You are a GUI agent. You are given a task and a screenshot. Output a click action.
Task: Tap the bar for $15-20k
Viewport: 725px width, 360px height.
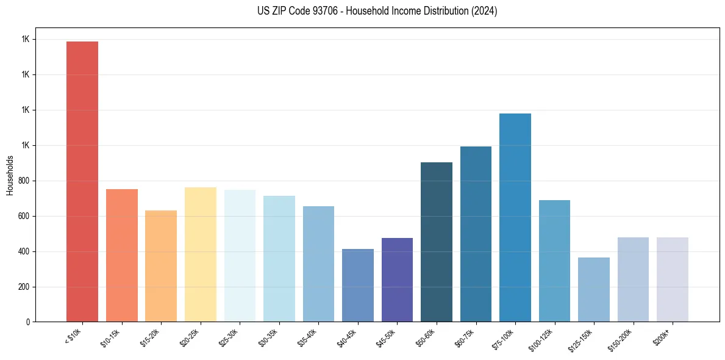coord(161,266)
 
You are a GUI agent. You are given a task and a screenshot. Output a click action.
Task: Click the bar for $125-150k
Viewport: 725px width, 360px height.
coord(594,289)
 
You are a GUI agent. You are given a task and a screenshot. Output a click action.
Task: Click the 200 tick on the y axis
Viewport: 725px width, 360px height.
coord(24,287)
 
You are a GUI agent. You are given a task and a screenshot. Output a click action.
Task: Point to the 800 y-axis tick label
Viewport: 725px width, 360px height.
coord(24,181)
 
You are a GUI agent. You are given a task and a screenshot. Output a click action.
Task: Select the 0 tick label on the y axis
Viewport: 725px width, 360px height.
coord(28,322)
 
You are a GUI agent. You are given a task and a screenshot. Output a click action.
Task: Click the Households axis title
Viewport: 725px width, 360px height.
coord(10,175)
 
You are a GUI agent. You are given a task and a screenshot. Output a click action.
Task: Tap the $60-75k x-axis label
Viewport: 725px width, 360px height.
coord(465,337)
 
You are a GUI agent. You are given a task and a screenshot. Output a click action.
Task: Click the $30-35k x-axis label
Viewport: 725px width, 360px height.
coord(269,337)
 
